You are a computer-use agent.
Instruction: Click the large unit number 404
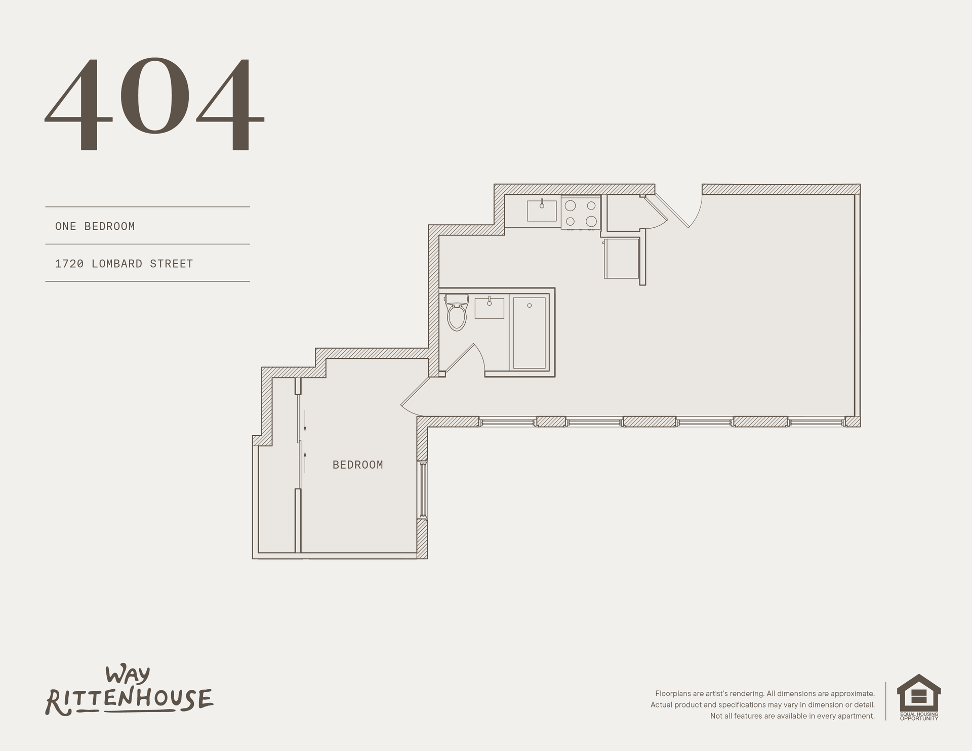(155, 105)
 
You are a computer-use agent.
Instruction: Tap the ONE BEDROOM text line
(95, 226)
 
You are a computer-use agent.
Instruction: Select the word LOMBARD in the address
(117, 264)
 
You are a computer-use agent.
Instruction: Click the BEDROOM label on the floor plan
(358, 465)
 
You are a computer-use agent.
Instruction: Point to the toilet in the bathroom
(456, 312)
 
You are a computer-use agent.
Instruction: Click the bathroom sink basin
(489, 308)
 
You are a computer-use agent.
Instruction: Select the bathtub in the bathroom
(530, 332)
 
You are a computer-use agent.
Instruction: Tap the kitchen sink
(542, 211)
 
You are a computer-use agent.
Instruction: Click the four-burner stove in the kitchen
(581, 213)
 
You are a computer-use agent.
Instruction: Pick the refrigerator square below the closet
(622, 259)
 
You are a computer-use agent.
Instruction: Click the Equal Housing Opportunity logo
(919, 697)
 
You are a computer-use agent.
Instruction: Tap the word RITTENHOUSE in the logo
(130, 701)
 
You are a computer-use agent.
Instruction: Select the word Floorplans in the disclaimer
(672, 694)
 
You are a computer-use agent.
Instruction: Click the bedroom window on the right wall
(423, 489)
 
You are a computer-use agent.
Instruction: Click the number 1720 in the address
(69, 264)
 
